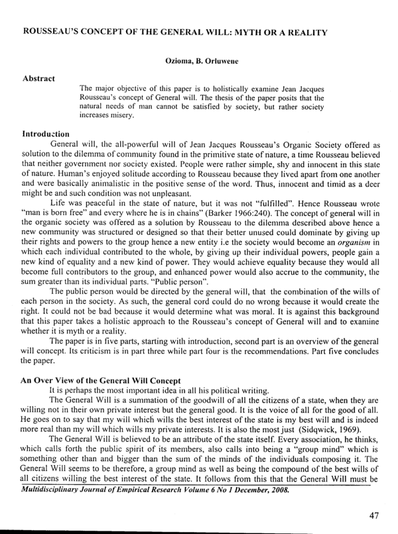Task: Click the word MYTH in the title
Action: [x=245, y=33]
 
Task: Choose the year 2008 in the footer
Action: [x=276, y=492]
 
